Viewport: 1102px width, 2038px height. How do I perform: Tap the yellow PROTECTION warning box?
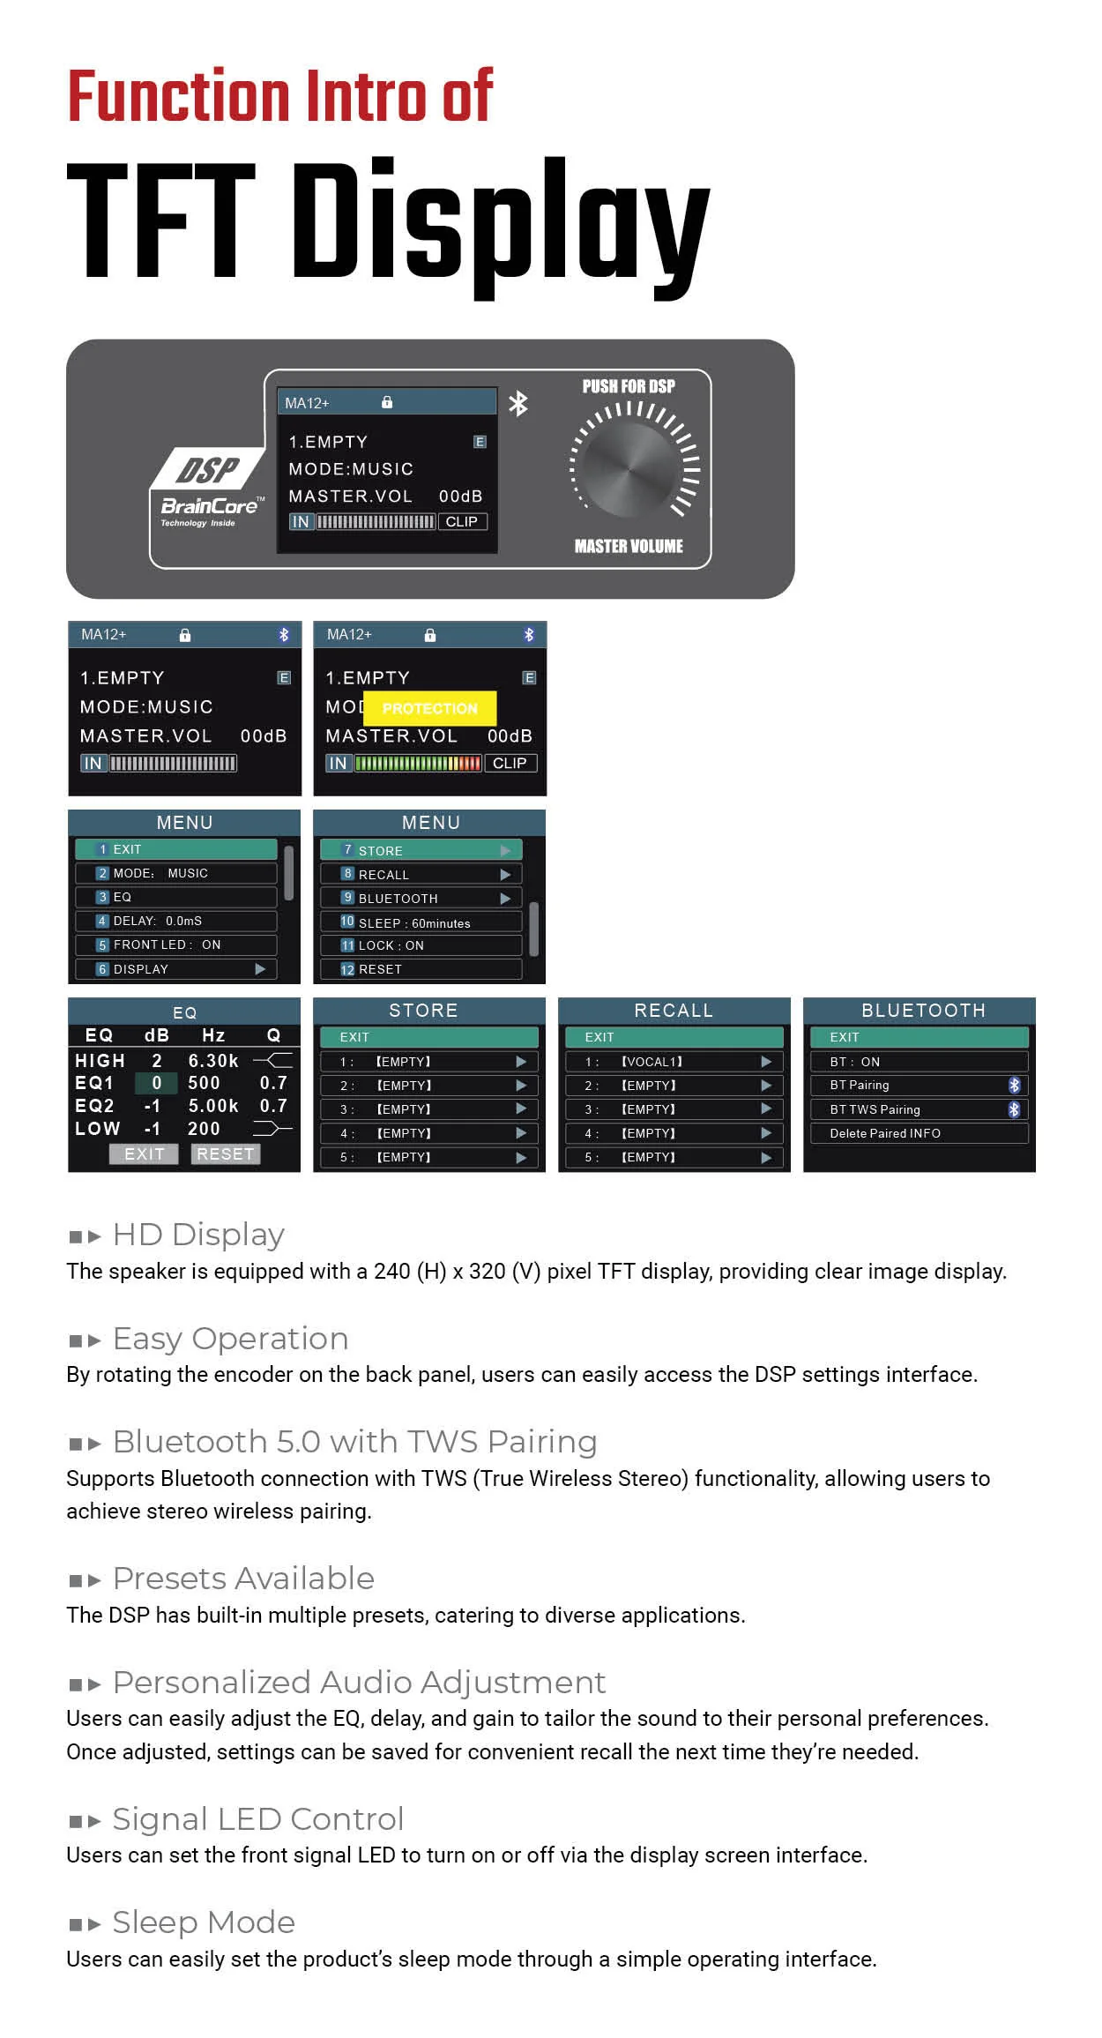[x=429, y=708]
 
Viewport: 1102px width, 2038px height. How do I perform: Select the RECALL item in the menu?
[x=421, y=874]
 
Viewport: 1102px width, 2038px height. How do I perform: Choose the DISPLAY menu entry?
[x=175, y=968]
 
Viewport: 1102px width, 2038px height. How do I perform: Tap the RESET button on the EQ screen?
[x=226, y=1153]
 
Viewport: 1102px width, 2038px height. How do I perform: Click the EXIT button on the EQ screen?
[x=144, y=1153]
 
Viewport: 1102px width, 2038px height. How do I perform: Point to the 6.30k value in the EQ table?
[x=213, y=1060]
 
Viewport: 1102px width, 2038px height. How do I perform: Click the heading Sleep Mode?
[x=204, y=1922]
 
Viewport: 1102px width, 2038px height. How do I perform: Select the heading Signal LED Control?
[x=258, y=1818]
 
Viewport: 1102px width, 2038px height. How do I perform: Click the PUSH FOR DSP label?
[x=629, y=386]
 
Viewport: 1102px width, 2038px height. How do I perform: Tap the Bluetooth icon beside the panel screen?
[x=518, y=403]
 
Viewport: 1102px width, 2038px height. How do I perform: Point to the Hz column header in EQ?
[x=213, y=1035]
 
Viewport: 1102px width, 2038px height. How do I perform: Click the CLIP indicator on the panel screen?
[x=462, y=521]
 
